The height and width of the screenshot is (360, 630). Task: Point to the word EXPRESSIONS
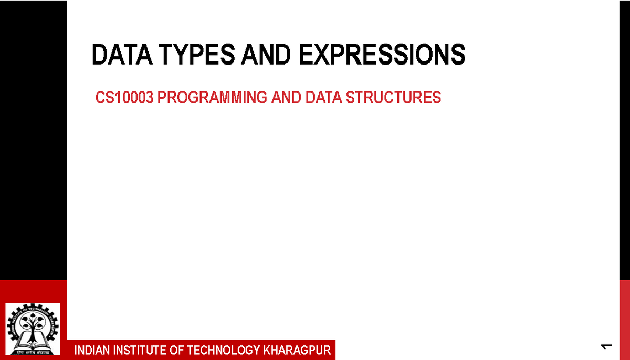[x=382, y=55]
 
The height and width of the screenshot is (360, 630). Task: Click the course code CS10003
[x=124, y=98]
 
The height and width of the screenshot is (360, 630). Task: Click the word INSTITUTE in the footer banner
[x=139, y=350]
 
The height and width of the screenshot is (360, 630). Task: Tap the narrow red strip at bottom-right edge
[x=625, y=320]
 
